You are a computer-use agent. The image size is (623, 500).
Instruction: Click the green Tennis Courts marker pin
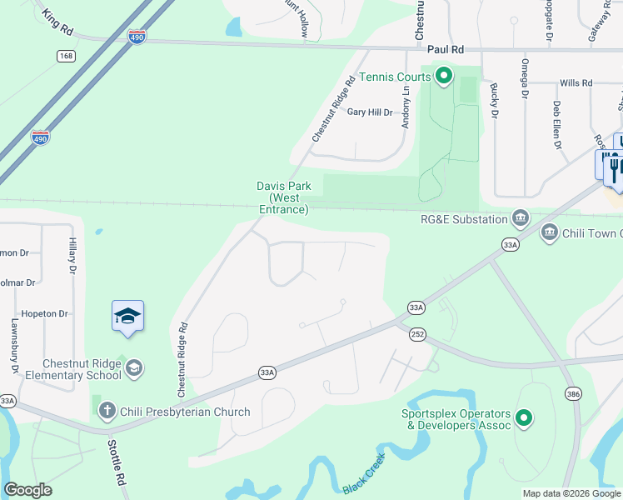click(x=444, y=77)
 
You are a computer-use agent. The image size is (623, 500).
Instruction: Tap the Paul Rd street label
click(x=445, y=51)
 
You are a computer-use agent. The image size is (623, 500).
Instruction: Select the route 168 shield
click(x=67, y=56)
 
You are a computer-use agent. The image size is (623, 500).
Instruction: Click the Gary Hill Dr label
click(x=369, y=112)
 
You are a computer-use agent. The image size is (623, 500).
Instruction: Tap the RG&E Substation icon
click(x=521, y=218)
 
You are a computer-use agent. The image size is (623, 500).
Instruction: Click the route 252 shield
click(x=417, y=333)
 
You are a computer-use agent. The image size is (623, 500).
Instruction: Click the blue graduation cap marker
click(x=127, y=317)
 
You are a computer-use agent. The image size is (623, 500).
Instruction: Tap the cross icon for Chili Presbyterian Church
click(x=107, y=410)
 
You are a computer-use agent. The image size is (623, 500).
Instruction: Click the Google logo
click(x=27, y=490)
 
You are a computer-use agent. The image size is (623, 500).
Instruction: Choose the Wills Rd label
click(x=576, y=83)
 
